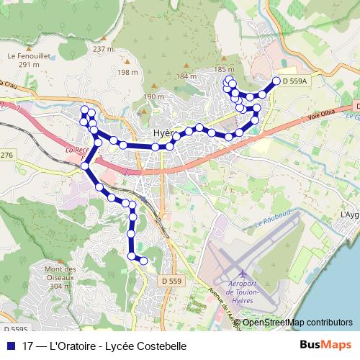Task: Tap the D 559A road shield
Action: [x=295, y=82]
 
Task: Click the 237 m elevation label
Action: [x=104, y=49]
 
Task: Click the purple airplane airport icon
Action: [x=243, y=275]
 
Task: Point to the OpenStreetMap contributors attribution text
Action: [x=297, y=322]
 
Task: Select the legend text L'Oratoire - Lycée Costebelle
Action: [x=104, y=346]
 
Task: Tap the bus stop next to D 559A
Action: [x=275, y=82]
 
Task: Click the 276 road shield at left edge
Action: [x=6, y=156]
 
